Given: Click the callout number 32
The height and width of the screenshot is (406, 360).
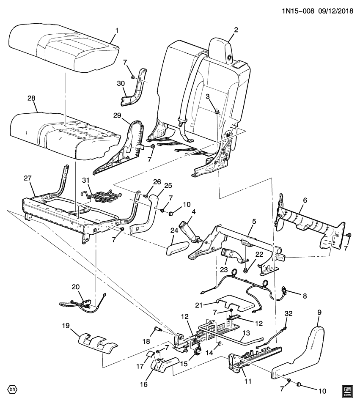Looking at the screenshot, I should pos(289,313).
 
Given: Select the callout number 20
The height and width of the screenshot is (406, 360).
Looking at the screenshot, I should pos(75,286).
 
